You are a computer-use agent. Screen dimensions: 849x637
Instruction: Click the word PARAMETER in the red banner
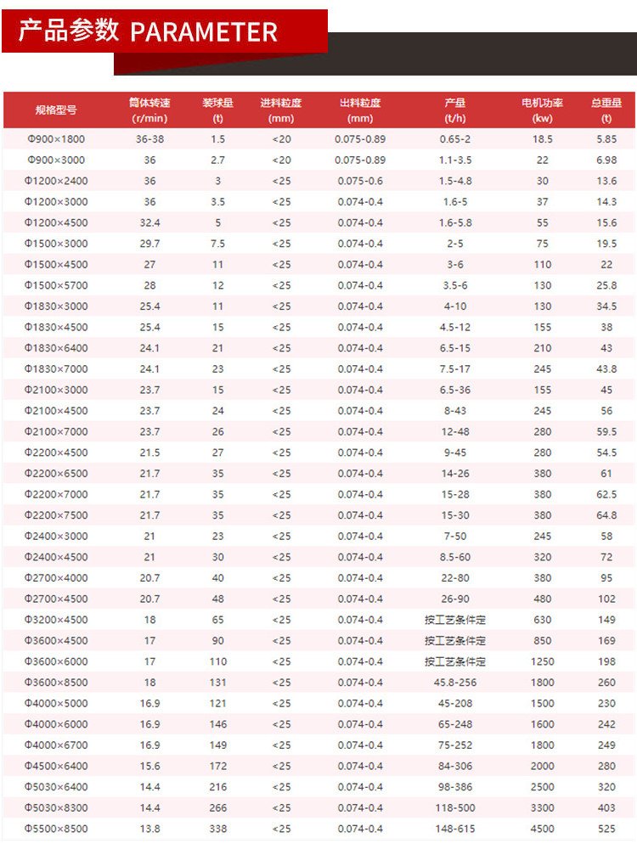tap(204, 32)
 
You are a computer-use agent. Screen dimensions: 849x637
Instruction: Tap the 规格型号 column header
tap(56, 110)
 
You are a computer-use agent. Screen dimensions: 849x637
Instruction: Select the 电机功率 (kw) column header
tap(542, 110)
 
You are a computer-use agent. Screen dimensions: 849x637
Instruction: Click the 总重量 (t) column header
tap(606, 110)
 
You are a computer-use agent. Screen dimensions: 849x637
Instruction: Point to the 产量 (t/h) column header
tap(455, 110)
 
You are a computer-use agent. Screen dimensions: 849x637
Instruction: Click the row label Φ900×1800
tap(56, 139)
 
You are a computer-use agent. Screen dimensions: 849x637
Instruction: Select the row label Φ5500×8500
tap(56, 829)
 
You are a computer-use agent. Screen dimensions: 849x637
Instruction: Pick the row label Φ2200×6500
tap(56, 474)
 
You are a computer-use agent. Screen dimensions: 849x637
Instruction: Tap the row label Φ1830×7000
tap(56, 369)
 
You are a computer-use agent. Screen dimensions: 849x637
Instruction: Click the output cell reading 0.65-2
tap(455, 139)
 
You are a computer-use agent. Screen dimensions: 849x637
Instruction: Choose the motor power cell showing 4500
tap(542, 829)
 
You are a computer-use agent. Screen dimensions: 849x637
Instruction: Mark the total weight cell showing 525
tap(606, 829)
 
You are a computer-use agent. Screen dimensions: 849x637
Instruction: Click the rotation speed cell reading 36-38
tap(149, 139)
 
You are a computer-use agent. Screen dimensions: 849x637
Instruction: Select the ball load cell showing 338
tap(218, 829)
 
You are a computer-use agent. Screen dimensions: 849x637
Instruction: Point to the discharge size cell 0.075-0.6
tap(360, 181)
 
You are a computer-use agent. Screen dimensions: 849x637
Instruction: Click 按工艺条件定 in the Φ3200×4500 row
tap(455, 620)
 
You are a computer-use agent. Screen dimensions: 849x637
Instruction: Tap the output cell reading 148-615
tap(455, 829)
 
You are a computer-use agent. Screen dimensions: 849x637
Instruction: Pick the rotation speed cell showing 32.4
tap(149, 222)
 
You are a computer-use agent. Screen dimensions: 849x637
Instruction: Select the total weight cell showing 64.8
tap(606, 515)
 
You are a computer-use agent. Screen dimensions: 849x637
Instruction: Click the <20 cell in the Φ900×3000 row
tap(281, 160)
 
